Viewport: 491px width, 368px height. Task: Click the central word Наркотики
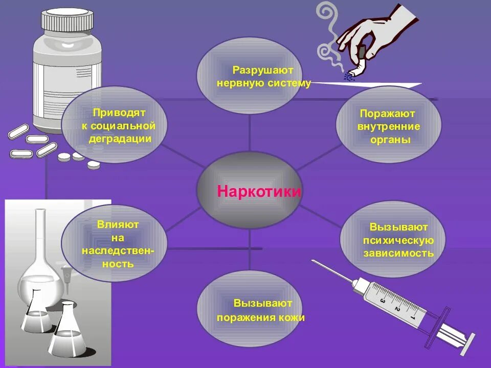259,192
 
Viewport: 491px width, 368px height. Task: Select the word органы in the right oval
389,140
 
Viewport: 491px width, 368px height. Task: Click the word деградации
120,138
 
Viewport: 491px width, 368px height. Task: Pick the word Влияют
118,224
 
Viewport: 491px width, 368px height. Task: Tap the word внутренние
389,126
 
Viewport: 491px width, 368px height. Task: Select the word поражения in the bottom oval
248,317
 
